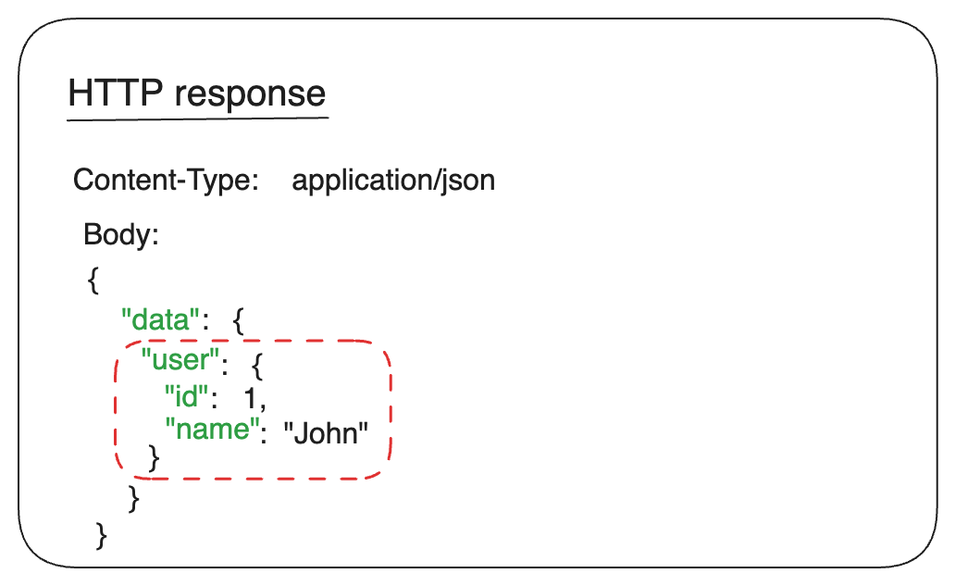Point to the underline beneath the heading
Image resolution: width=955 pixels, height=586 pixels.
(x=198, y=118)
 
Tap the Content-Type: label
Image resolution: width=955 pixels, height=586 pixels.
(x=166, y=180)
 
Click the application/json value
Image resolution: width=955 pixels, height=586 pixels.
(x=393, y=180)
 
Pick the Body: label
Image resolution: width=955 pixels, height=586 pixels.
(x=121, y=234)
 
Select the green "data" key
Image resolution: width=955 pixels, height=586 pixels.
(x=161, y=321)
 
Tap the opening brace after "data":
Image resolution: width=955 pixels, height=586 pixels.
(x=238, y=322)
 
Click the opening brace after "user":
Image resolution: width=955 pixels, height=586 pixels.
(x=258, y=368)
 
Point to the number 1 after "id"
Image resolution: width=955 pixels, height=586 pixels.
(x=249, y=397)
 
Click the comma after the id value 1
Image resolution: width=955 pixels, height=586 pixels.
(x=264, y=403)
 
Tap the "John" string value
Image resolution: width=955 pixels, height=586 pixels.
(x=326, y=433)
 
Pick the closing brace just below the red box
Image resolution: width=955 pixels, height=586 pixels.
(x=134, y=499)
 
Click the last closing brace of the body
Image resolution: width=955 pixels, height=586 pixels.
(x=102, y=535)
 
